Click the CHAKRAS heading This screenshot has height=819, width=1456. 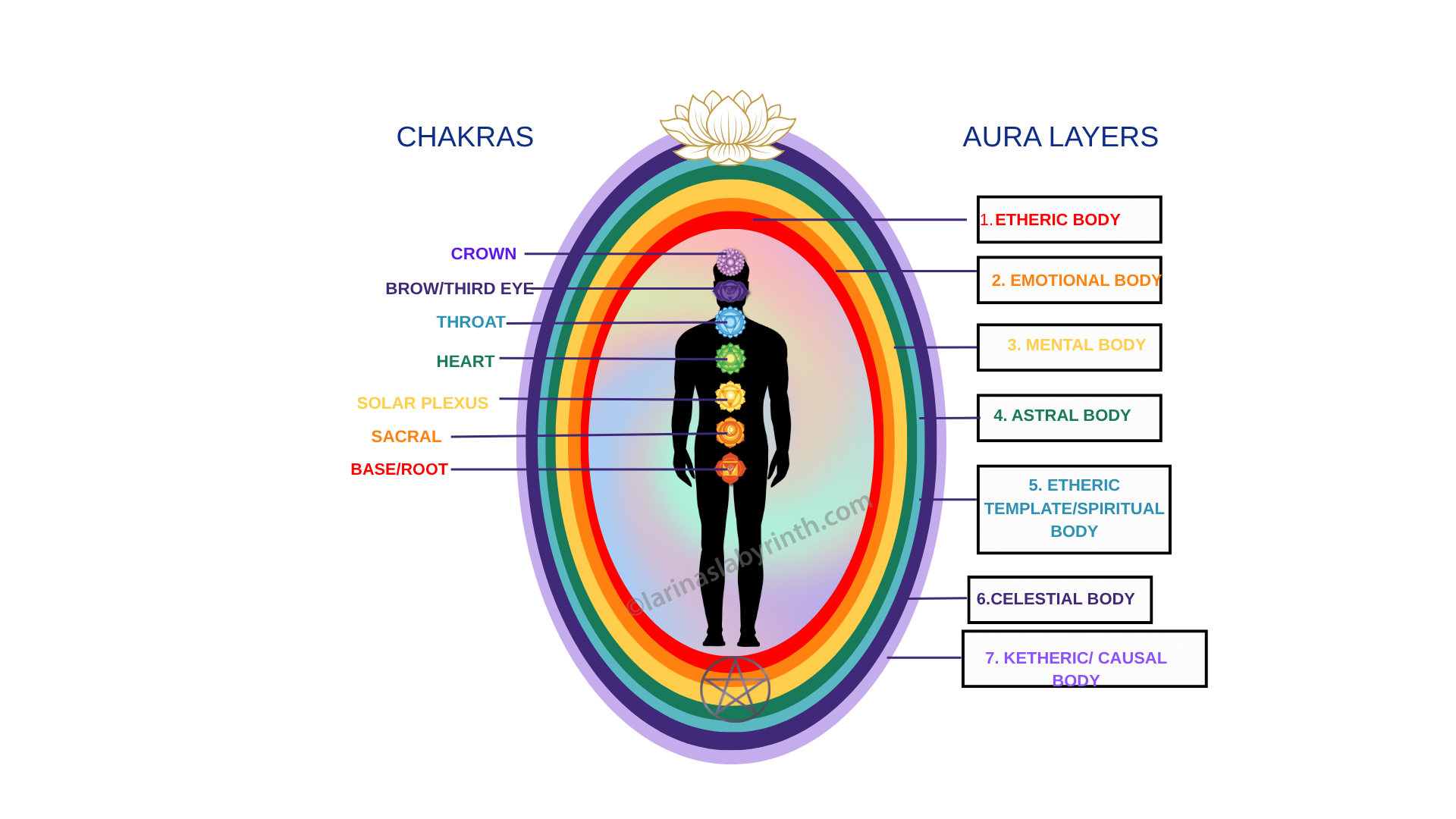[x=465, y=137]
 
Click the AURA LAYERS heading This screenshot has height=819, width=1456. [x=1060, y=137]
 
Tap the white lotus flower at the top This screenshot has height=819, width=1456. [x=728, y=127]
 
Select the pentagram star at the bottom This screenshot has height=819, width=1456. [x=735, y=689]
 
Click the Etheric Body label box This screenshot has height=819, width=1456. [x=1068, y=220]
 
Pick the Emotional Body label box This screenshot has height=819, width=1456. [x=1069, y=281]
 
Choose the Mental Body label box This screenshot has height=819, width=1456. [x=1069, y=347]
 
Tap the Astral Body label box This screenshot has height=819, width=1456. [x=1069, y=417]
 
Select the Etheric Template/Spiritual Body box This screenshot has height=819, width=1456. [x=1074, y=509]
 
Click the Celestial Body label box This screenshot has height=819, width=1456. [x=1059, y=599]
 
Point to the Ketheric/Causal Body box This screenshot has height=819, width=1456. [x=1084, y=659]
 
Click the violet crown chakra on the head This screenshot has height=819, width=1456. [x=731, y=262]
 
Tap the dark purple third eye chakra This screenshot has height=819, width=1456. [x=730, y=290]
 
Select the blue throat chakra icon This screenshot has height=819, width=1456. [x=730, y=322]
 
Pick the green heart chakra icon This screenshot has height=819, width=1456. [x=730, y=358]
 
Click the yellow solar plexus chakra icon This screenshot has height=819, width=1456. [x=730, y=396]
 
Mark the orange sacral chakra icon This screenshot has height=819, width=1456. [x=730, y=431]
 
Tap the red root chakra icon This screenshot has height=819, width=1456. [x=730, y=469]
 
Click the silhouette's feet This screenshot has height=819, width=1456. [x=731, y=639]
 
